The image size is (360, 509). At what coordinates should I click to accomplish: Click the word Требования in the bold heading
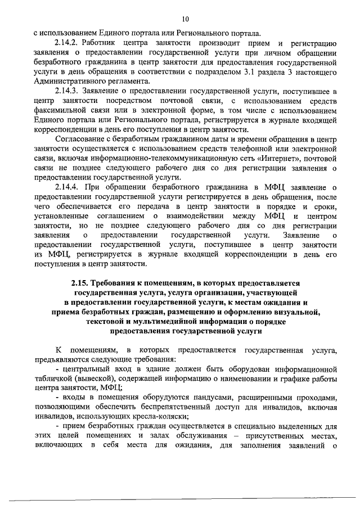pos(122,284)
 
